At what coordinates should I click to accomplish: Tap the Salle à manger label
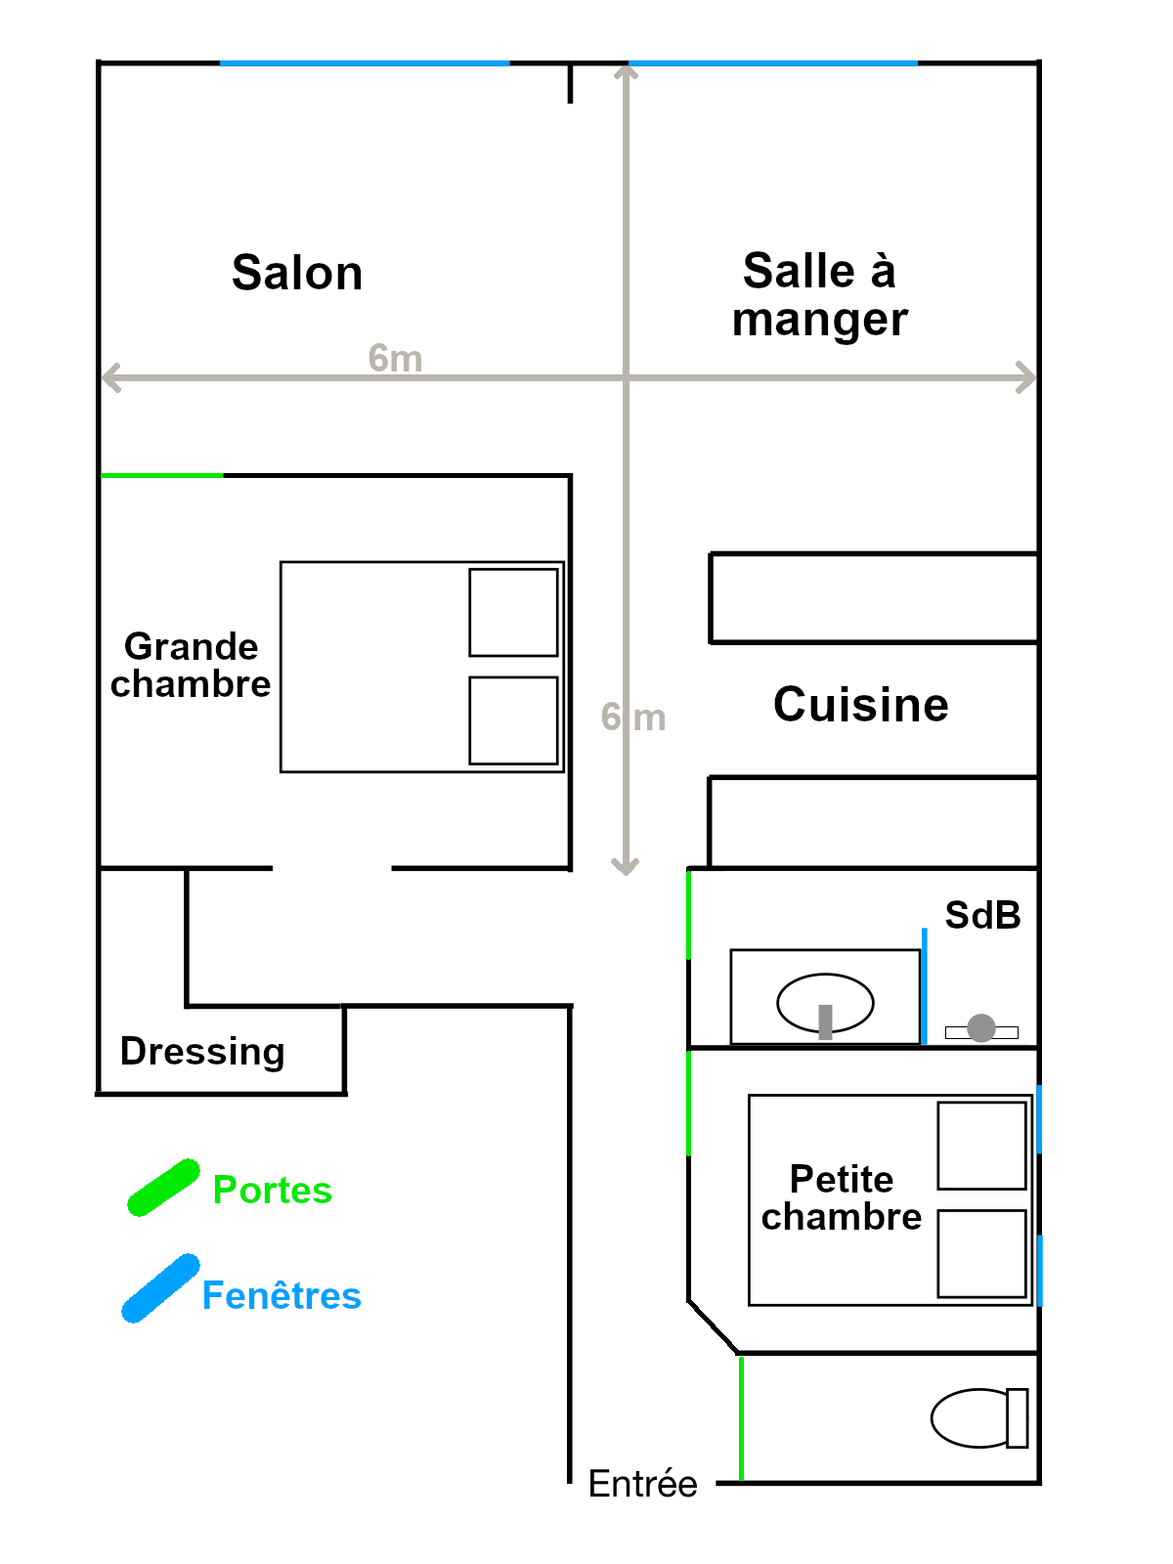(820, 294)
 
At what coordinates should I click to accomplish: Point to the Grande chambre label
(191, 665)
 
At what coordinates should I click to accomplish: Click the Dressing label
(202, 1052)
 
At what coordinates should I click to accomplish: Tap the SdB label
(982, 915)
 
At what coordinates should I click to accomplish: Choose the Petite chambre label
(841, 1197)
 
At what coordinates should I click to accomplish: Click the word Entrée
(642, 1484)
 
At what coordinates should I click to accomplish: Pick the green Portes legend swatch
(164, 1187)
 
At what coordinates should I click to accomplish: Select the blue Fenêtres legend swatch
(161, 1287)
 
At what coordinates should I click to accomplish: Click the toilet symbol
(979, 1418)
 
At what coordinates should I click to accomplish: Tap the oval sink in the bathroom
(825, 1003)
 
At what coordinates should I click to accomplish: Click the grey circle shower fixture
(981, 1028)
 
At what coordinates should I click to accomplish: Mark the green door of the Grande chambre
(161, 475)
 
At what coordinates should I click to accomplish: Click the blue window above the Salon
(365, 64)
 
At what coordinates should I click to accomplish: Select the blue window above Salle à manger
(773, 64)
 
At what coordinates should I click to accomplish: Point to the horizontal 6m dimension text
(395, 358)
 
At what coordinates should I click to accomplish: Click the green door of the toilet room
(741, 1418)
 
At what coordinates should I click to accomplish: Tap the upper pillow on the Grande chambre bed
(513, 612)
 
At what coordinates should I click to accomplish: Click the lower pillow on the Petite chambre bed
(982, 1253)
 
